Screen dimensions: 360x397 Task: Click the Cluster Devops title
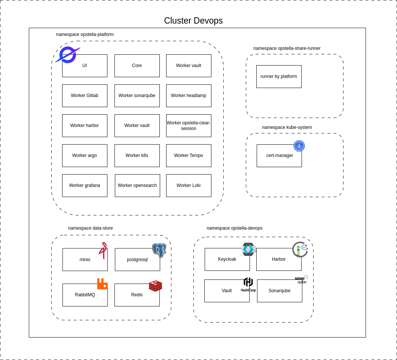193,21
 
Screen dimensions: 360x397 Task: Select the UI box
85,66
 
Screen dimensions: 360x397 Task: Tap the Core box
137,66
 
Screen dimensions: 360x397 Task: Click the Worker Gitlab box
85,96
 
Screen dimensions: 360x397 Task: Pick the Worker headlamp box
189,96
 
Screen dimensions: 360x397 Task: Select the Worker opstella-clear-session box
189,125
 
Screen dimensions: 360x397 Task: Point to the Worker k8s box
137,155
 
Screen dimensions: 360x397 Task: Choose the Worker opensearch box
137,185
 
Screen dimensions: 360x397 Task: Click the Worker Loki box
189,185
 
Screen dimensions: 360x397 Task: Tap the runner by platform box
279,76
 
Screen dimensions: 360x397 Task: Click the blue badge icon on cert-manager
299,146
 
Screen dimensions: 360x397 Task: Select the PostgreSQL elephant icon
159,250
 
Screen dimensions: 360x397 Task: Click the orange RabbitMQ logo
102,284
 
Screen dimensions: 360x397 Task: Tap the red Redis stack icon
155,286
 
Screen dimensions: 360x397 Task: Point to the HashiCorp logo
248,284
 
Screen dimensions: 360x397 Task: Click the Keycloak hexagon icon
248,249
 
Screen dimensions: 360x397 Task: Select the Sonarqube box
280,291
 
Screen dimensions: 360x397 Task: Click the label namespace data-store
90,228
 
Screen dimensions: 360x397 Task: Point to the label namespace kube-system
287,127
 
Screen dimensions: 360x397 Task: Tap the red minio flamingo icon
103,250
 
